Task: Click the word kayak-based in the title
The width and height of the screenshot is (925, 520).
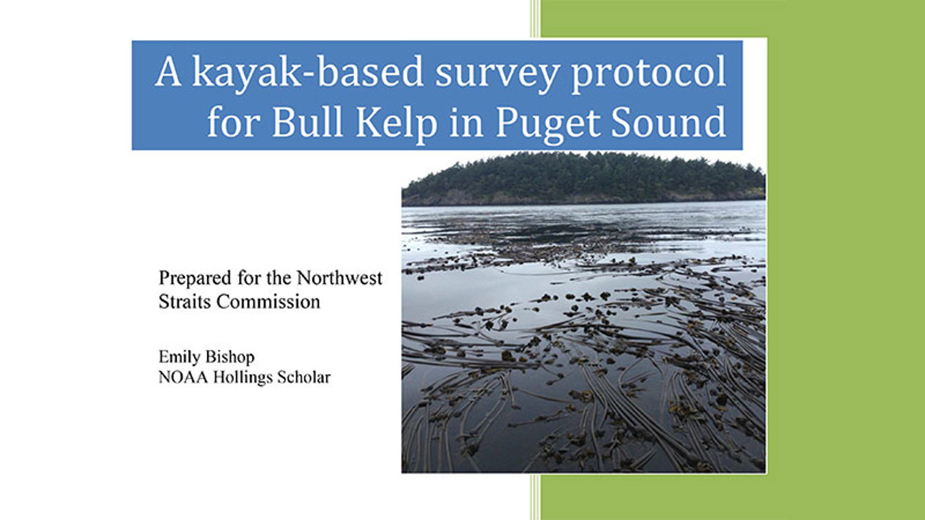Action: [308, 73]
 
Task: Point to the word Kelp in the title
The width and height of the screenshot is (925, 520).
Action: [396, 125]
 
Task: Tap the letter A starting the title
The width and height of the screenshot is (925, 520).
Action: [168, 72]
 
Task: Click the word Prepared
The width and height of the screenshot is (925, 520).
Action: [196, 279]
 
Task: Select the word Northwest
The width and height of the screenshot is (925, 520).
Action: [340, 278]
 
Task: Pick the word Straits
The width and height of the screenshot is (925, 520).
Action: [185, 302]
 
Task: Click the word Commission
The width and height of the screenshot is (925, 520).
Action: [268, 302]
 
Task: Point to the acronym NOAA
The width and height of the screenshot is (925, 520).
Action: [183, 377]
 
